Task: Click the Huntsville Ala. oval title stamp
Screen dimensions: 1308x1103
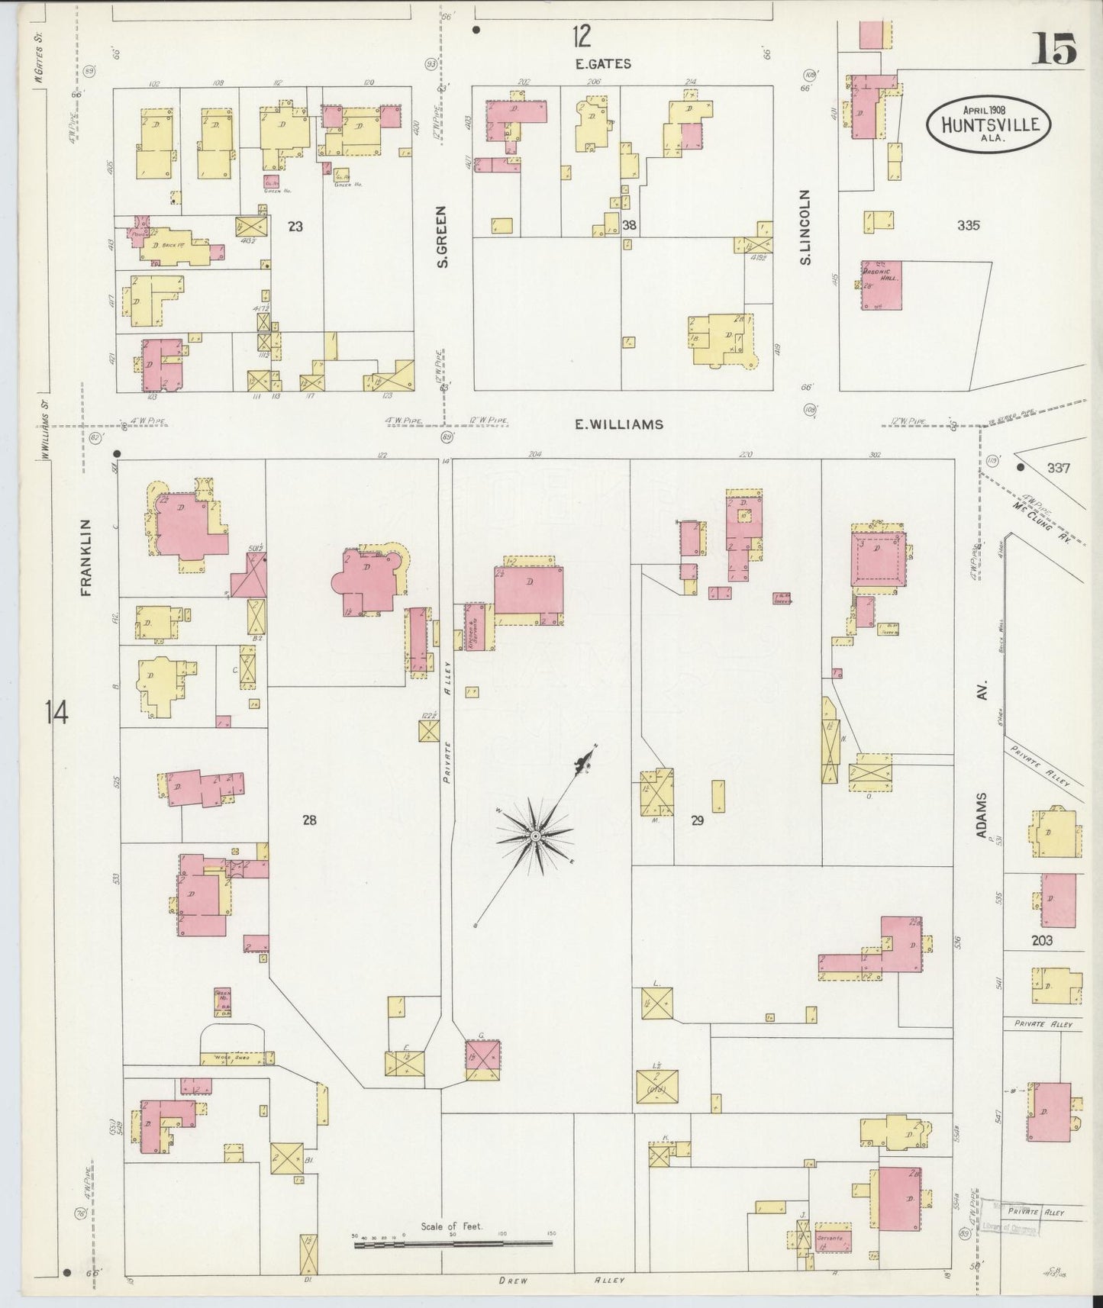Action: (x=989, y=121)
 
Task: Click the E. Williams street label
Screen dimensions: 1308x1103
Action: (x=619, y=424)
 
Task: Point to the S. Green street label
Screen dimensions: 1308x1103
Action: (x=442, y=237)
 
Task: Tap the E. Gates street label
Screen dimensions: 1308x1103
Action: (x=603, y=63)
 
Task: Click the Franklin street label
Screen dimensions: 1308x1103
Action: (x=85, y=557)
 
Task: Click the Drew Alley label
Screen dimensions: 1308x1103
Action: (x=561, y=1280)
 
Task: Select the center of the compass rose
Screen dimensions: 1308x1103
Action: (x=536, y=837)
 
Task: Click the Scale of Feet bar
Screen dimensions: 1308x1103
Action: (x=453, y=1244)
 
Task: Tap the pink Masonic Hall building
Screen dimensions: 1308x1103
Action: (x=882, y=285)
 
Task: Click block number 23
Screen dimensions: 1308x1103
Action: (x=296, y=226)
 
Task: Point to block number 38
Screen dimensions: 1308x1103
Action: (x=629, y=225)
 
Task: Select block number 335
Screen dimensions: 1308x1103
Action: (x=968, y=225)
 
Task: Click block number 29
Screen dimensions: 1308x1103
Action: (x=696, y=821)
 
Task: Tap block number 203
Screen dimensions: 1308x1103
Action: (x=1041, y=940)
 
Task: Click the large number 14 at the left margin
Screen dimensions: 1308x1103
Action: (x=56, y=714)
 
